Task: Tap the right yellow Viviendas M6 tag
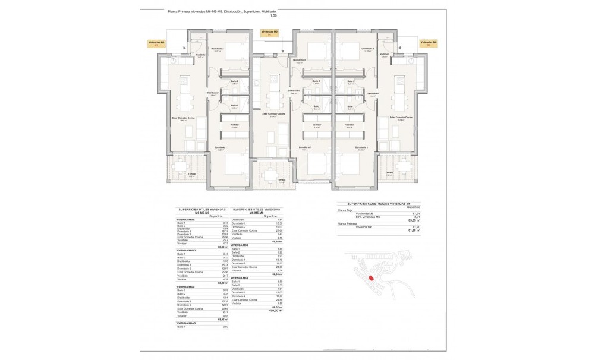click(x=428, y=43)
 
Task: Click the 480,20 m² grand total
click(x=275, y=311)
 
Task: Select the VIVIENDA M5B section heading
click(x=240, y=245)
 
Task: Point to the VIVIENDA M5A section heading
click(x=240, y=277)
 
